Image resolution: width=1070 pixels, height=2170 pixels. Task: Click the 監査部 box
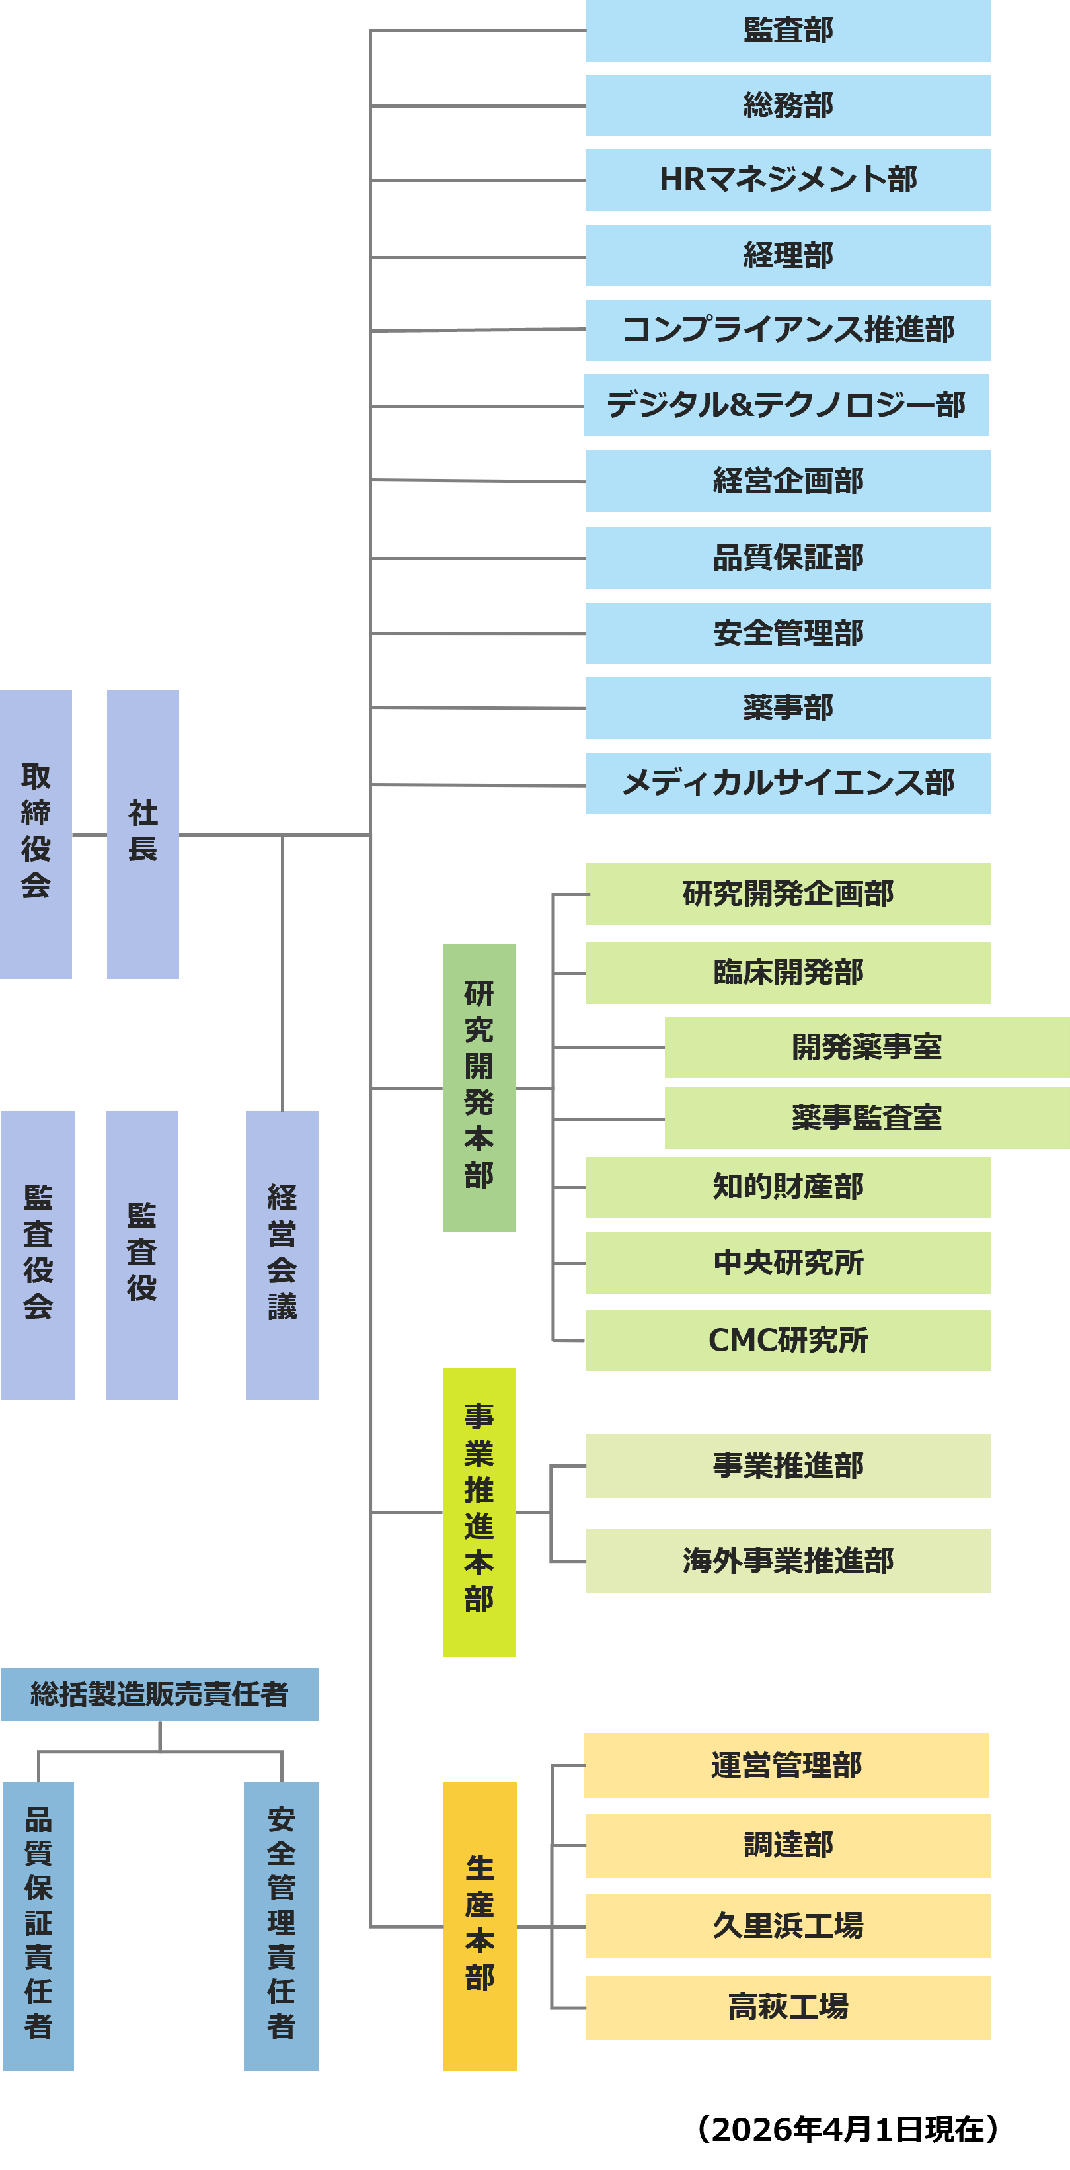pyautogui.click(x=787, y=30)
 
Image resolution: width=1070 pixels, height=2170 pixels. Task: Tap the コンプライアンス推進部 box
pyautogui.click(x=787, y=330)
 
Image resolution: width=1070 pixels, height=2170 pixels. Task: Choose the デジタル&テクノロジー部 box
pyautogui.click(x=786, y=405)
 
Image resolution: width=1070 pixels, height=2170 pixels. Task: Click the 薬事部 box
pyautogui.click(x=787, y=708)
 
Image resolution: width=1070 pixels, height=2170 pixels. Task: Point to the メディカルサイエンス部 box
pyautogui.click(x=787, y=784)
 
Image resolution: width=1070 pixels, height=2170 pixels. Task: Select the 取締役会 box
pyautogui.click(x=35, y=834)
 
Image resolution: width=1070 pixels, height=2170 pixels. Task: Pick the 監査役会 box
pyautogui.click(x=37, y=1255)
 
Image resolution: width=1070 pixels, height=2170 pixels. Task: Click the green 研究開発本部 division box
pyautogui.click(x=478, y=1087)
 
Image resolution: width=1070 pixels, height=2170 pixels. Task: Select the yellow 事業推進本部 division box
pyautogui.click(x=478, y=1512)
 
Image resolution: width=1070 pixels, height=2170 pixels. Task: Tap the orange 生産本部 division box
pyautogui.click(x=479, y=1926)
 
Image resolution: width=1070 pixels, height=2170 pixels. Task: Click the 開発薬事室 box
pyautogui.click(x=866, y=1047)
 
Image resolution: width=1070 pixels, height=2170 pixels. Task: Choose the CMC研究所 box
pyautogui.click(x=787, y=1340)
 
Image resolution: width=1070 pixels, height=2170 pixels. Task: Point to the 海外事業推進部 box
pyautogui.click(x=787, y=1561)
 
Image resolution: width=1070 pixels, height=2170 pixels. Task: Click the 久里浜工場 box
pyautogui.click(x=787, y=1926)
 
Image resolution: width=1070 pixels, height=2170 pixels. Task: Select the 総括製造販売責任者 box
pyautogui.click(x=159, y=1694)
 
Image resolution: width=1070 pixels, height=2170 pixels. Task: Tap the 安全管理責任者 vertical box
pyautogui.click(x=280, y=1926)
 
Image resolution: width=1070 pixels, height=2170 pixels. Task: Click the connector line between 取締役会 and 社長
pyautogui.click(x=89, y=835)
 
